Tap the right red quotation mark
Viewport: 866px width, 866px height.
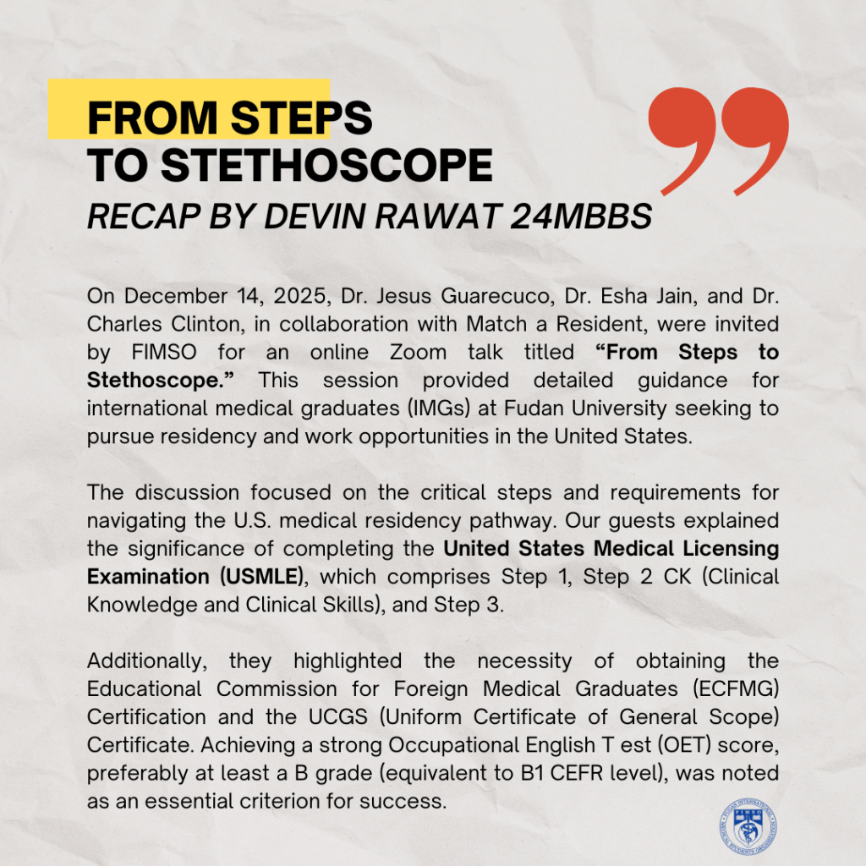coord(752,140)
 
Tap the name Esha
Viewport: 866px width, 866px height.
coord(608,296)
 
